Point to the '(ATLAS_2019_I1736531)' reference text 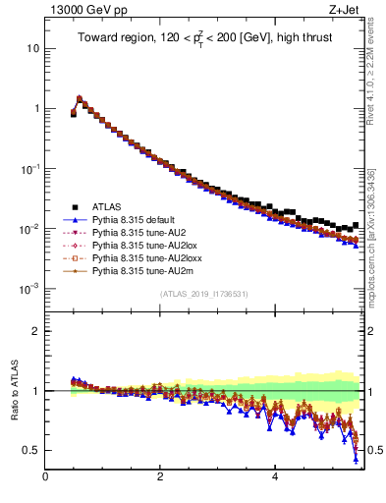point(203,294)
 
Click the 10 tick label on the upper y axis point(32,49)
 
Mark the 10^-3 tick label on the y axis point(29,289)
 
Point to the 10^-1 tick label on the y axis point(29,169)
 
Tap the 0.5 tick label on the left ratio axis point(31,451)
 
